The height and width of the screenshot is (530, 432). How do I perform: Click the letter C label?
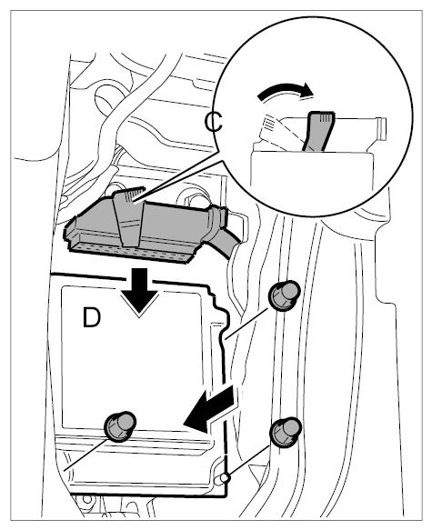click(213, 122)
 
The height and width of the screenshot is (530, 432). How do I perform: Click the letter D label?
click(92, 318)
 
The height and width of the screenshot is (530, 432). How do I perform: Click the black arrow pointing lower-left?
click(209, 410)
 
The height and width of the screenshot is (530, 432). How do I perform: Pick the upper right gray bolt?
click(285, 295)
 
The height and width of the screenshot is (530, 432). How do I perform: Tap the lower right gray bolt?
click(286, 432)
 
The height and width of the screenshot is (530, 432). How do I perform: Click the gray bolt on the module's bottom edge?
click(120, 426)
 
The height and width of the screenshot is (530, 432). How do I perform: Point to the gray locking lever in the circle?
click(318, 131)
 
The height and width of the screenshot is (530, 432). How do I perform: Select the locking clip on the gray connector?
click(128, 216)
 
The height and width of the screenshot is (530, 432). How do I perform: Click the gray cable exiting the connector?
click(226, 243)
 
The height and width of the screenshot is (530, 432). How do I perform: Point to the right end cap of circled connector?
click(380, 129)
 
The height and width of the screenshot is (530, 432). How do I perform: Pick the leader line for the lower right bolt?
click(249, 461)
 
